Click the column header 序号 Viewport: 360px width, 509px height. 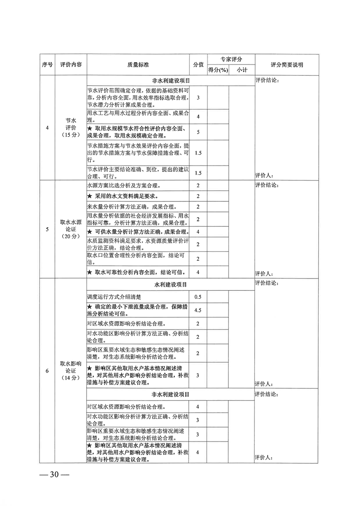pos(47,64)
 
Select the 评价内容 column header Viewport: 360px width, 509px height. pos(71,64)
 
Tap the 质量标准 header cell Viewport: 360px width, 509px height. pos(138,64)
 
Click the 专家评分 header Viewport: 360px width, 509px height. pos(232,59)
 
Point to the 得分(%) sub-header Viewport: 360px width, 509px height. pos(218,70)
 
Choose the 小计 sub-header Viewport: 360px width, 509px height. pos(242,70)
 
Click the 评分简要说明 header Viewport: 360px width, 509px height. pos(287,64)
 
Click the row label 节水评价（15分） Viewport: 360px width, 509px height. pos(71,127)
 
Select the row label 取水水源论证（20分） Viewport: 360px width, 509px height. pos(71,229)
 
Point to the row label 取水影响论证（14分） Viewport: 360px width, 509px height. pos(71,371)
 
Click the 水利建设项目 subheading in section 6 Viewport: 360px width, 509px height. pos(171,285)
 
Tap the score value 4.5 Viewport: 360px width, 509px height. pos(198,310)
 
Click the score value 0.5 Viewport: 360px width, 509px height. pos(198,297)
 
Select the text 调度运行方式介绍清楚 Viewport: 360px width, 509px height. pos(114,297)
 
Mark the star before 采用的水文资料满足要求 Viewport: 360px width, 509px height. pos(90,196)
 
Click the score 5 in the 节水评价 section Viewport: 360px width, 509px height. pos(198,132)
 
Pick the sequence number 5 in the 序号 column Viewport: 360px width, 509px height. pos(47,229)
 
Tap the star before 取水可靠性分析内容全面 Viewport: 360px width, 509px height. pos(90,272)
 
